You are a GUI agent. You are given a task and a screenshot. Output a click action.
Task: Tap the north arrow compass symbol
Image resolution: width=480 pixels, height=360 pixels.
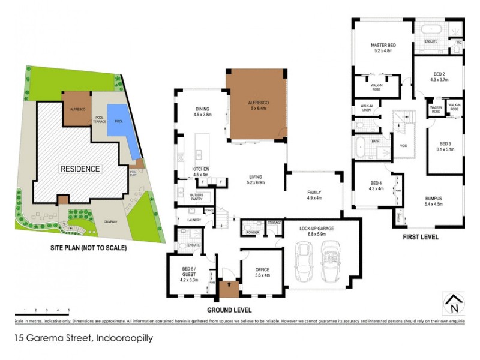pyautogui.click(x=453, y=304)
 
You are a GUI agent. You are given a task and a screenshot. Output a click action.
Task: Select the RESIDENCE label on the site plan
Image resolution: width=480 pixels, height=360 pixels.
pyautogui.click(x=79, y=169)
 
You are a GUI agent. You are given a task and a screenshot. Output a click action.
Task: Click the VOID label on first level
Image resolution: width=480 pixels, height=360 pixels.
pyautogui.click(x=403, y=145)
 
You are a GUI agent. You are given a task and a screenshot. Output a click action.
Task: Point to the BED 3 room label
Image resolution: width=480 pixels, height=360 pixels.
pyautogui.click(x=445, y=147)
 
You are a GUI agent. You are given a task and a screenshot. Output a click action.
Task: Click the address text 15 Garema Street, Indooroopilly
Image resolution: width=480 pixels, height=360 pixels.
pyautogui.click(x=85, y=338)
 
